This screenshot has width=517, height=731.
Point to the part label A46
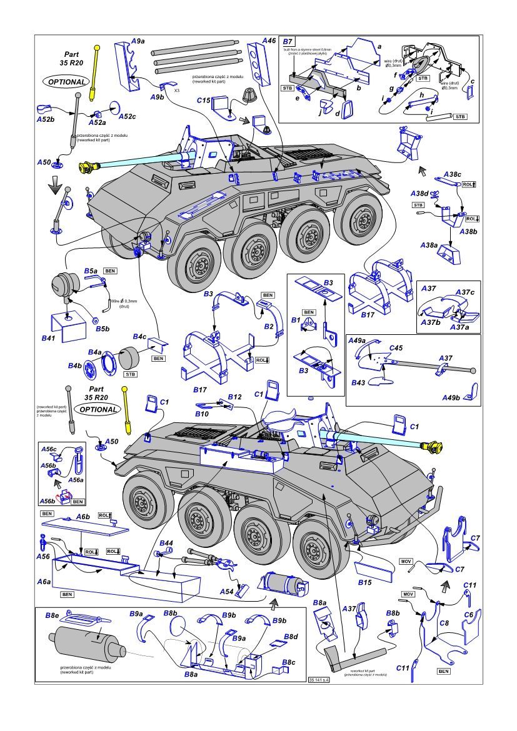269,41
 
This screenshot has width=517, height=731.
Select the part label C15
204,100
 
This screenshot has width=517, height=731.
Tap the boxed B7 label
288,41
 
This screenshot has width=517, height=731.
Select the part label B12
234,397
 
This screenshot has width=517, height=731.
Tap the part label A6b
84,517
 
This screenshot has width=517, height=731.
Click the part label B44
166,544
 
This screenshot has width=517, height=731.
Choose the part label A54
226,591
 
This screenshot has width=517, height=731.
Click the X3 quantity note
177,90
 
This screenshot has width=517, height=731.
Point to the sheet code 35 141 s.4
319,679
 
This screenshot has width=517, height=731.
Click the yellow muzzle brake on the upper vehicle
89,166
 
